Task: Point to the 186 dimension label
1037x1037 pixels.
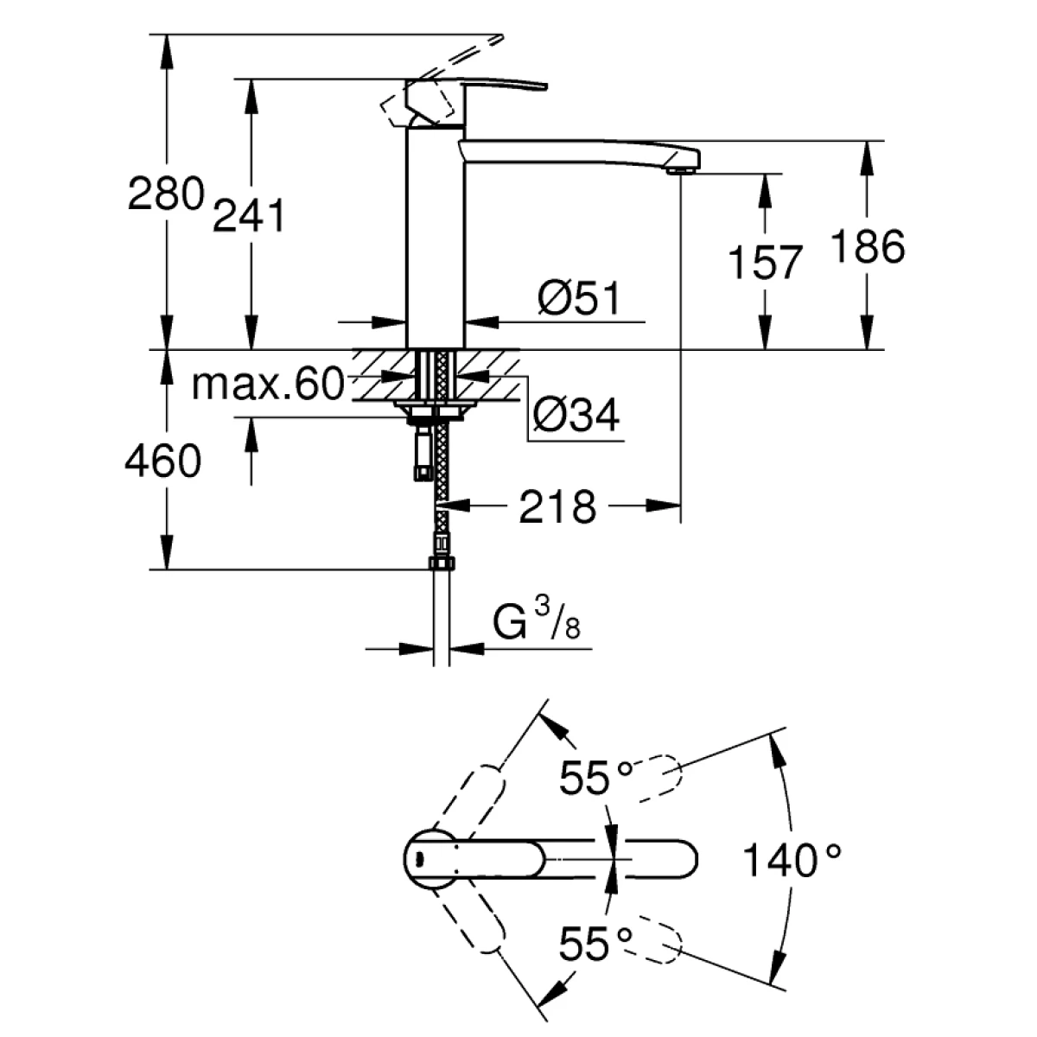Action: (x=866, y=247)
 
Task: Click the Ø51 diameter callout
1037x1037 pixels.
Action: (x=577, y=299)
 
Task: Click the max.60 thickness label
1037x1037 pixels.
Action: (x=267, y=385)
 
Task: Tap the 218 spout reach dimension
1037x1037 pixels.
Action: (x=557, y=506)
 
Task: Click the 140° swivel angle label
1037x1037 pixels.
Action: (x=792, y=861)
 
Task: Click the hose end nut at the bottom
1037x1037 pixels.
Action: (x=441, y=564)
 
